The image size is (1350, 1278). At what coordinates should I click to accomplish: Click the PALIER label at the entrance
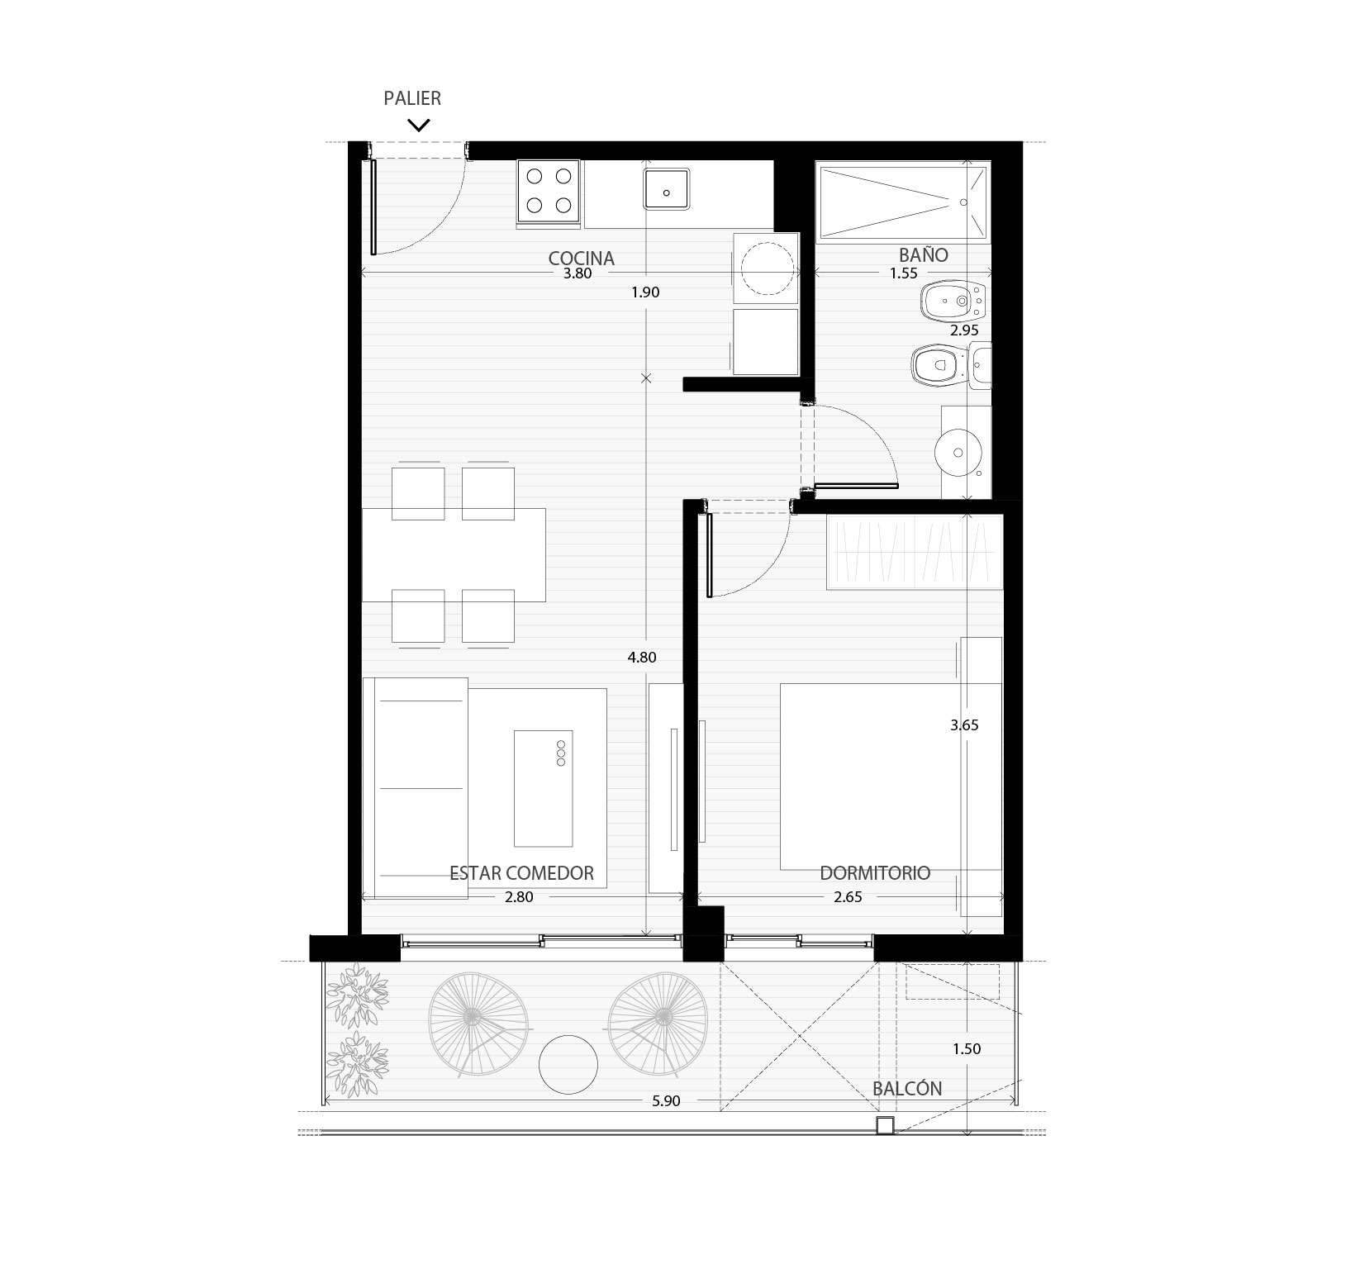point(412,98)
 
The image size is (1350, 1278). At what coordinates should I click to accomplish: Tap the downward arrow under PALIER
point(419,126)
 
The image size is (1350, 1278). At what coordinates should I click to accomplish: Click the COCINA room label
point(582,259)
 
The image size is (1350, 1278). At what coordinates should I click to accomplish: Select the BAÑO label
point(924,254)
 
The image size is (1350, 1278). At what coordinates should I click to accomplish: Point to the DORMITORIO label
point(875,872)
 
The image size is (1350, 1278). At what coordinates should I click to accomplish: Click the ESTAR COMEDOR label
point(521,872)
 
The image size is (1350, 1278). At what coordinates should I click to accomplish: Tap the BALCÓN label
point(907,1088)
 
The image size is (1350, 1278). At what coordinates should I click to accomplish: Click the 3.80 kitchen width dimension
point(578,274)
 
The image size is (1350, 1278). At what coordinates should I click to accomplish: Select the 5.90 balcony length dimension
point(666,1101)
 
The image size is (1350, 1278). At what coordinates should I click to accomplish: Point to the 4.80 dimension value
point(642,658)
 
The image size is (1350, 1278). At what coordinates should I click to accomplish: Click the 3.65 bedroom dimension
point(964,725)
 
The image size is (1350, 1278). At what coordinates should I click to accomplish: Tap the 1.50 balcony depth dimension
point(967,1049)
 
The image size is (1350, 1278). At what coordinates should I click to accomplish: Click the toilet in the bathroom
point(939,363)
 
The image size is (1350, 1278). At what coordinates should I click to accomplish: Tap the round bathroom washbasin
point(957,453)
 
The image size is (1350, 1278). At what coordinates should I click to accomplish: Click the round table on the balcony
point(568,1064)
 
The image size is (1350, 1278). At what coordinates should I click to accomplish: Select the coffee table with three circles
point(544,788)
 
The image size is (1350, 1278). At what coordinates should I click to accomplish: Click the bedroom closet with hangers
point(915,552)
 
